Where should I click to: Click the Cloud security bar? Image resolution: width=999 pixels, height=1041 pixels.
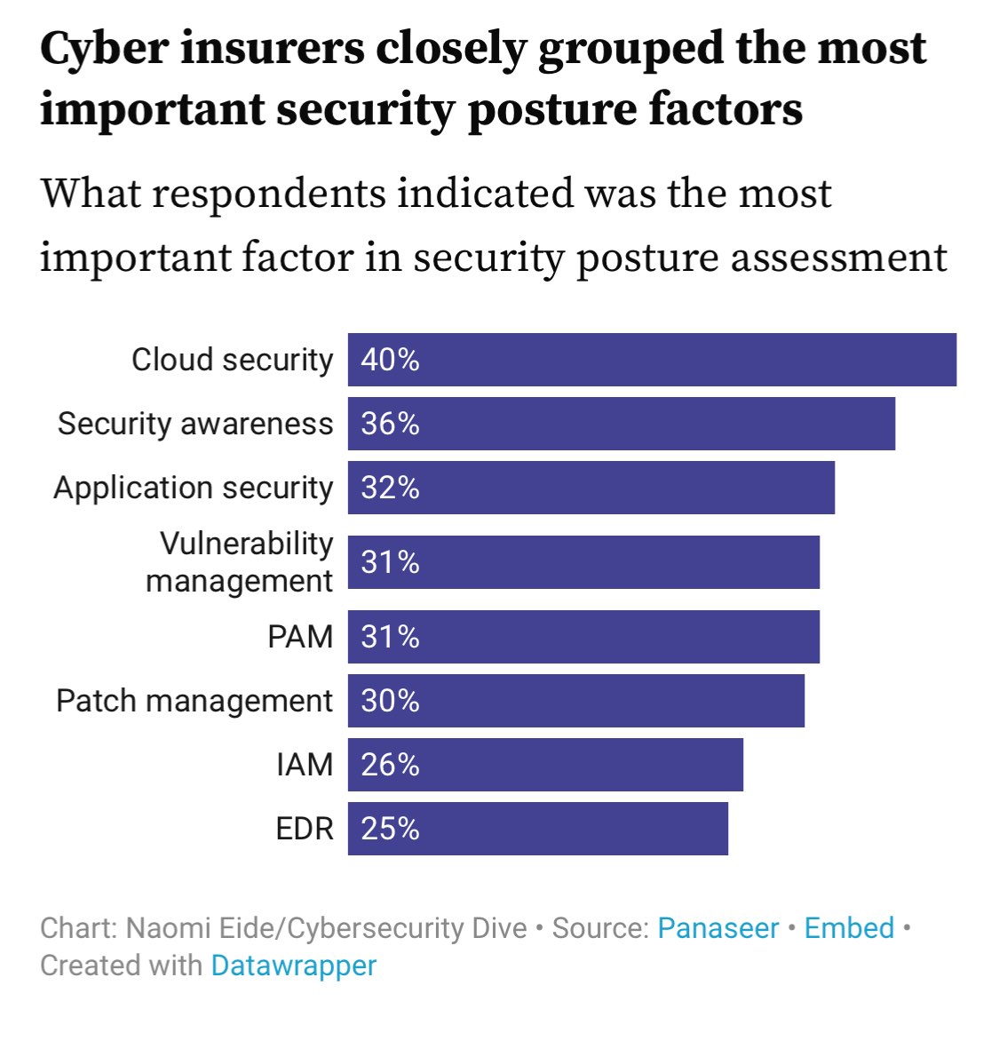[x=652, y=360]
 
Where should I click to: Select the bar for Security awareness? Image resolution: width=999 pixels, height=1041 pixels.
[x=622, y=424]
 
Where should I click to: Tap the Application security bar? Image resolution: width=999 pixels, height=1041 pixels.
[x=591, y=488]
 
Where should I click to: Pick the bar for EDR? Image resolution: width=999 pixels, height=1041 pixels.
[x=538, y=829]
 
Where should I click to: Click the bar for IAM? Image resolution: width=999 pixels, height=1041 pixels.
[x=545, y=765]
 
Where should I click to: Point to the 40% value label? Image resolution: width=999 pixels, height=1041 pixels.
[x=390, y=360]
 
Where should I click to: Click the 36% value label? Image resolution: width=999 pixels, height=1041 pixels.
[x=390, y=424]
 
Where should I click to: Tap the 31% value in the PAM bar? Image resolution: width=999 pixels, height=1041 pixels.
[x=390, y=637]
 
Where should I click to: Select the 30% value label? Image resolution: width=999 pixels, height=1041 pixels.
[x=390, y=701]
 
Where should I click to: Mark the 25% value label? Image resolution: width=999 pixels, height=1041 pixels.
[x=390, y=829]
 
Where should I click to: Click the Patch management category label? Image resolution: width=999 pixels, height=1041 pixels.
[x=194, y=701]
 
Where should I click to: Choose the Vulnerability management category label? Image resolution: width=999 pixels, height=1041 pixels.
[x=240, y=561]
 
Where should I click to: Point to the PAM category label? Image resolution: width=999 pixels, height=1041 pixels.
[x=300, y=637]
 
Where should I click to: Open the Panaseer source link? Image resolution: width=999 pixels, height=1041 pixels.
[x=718, y=928]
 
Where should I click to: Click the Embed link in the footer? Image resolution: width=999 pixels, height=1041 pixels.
[x=849, y=928]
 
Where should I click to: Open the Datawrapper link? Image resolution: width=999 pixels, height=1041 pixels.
[x=293, y=966]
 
